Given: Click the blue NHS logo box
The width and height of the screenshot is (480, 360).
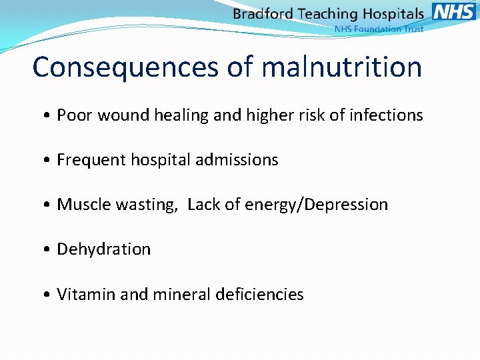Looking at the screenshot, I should tap(454, 11).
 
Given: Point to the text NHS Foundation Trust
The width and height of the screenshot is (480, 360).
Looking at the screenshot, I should tap(378, 29).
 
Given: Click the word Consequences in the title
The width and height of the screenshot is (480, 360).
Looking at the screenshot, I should tap(124, 67).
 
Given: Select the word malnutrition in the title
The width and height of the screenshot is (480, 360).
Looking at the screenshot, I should tap(342, 67).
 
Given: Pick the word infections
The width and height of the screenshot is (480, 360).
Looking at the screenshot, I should tap(386, 115).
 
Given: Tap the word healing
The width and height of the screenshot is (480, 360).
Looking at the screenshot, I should tap(181, 115).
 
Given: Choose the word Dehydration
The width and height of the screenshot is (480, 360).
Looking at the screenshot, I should tap(104, 249).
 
